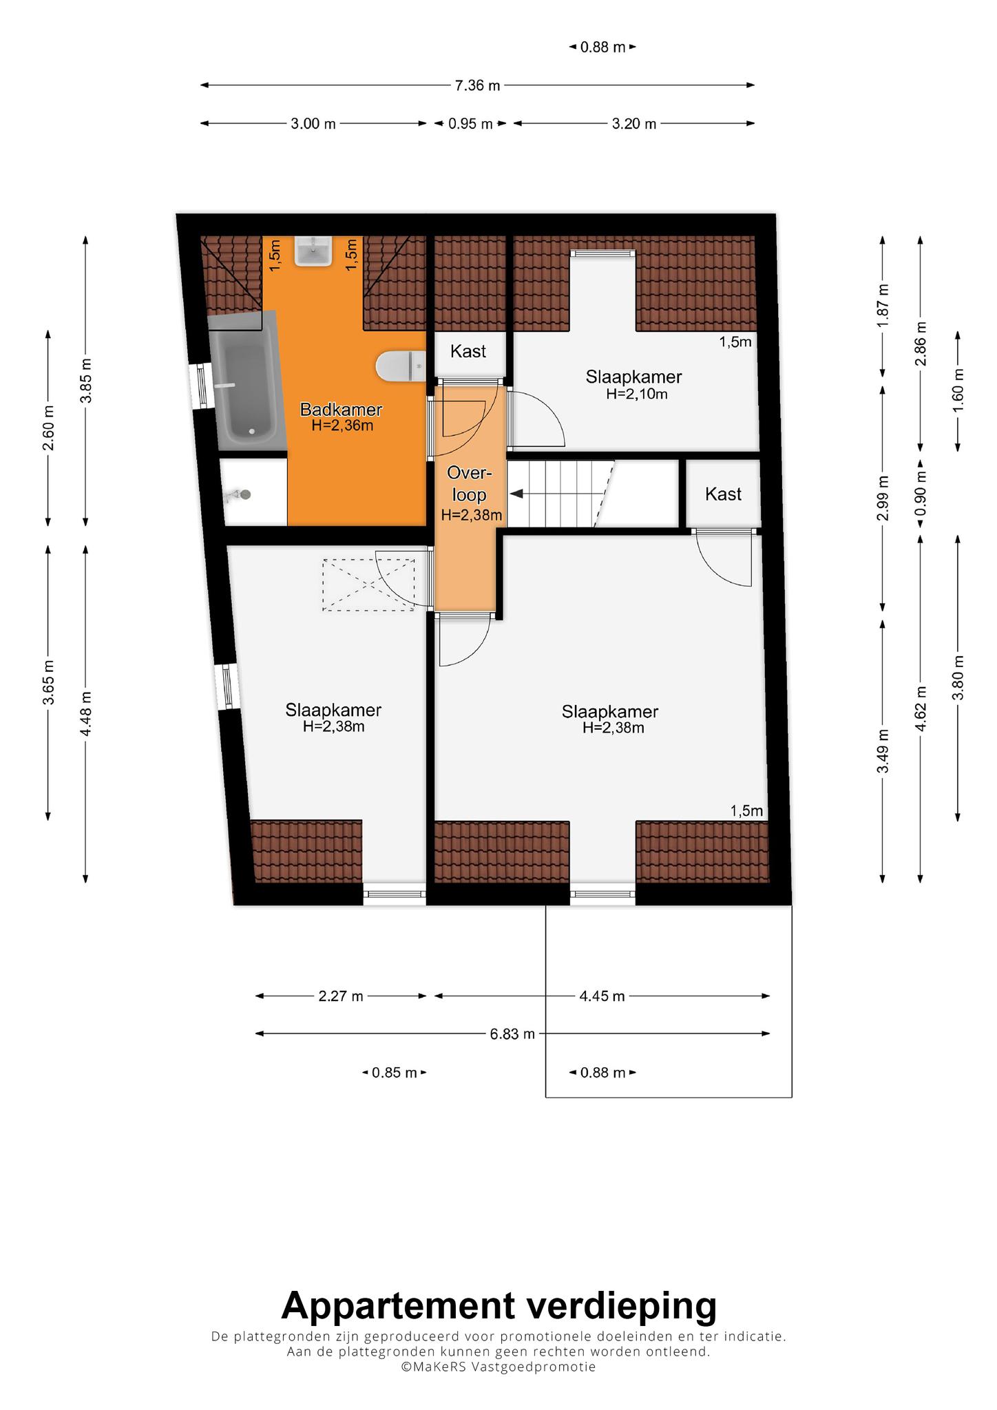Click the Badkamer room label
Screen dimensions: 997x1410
click(x=341, y=410)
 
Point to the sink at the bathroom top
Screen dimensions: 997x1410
click(x=313, y=251)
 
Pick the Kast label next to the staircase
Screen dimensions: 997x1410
click(x=723, y=494)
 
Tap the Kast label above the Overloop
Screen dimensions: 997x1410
click(x=468, y=351)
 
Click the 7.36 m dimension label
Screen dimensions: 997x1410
click(x=477, y=85)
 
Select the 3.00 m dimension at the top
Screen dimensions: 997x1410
click(x=313, y=124)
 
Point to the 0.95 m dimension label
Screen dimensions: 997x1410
click(x=471, y=124)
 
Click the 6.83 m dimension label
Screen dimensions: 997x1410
click(x=512, y=1034)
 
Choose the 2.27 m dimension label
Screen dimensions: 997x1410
click(x=341, y=996)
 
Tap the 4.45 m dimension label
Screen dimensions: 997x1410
click(x=602, y=996)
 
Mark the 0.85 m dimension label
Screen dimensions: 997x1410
click(x=395, y=1073)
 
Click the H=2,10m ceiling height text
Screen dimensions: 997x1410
click(x=637, y=394)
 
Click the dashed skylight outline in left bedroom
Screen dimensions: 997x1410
click(x=368, y=585)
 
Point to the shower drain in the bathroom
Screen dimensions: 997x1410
click(x=242, y=494)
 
